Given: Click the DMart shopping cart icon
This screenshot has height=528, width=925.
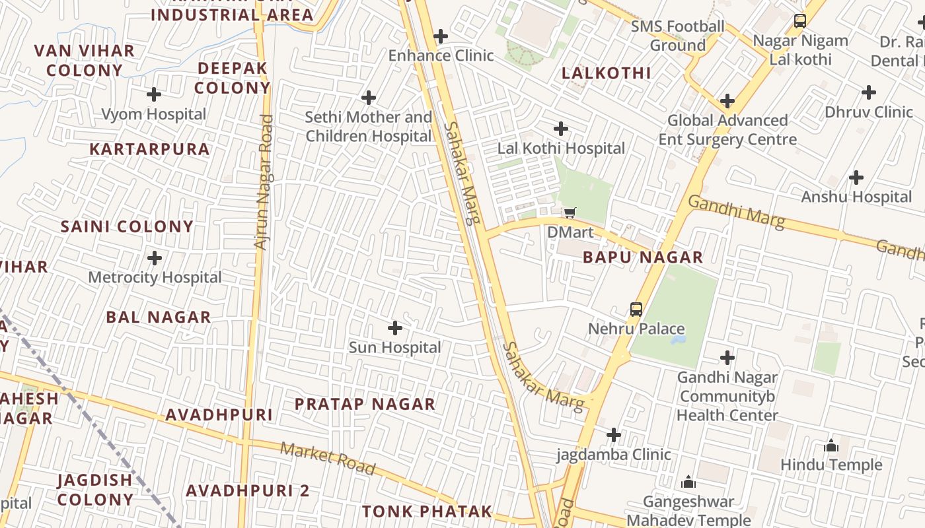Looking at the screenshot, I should point(570,213).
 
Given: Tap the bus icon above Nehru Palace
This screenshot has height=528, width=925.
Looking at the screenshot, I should point(636,309).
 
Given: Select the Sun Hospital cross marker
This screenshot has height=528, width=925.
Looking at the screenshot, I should point(394,328).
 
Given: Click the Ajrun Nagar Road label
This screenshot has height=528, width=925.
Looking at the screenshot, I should point(263,183).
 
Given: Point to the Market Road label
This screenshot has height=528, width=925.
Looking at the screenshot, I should point(328,459).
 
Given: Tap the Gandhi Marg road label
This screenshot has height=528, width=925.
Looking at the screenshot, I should point(736,212).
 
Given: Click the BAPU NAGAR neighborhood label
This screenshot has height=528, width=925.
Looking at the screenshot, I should point(643,257).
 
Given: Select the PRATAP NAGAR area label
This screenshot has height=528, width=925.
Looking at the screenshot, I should point(365,404).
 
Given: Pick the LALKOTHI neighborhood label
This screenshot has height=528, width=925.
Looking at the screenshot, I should point(607,73).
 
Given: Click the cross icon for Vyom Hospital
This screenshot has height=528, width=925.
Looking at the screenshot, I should point(154,94).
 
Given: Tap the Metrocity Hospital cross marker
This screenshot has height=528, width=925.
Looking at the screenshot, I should point(155,258).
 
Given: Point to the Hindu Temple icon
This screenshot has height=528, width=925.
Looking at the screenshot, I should point(831,446).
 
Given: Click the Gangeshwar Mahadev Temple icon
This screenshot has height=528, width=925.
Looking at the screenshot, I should point(688,482).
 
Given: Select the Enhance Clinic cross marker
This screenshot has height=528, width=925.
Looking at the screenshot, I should point(441,36).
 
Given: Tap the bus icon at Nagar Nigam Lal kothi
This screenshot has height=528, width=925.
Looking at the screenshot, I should point(800,21).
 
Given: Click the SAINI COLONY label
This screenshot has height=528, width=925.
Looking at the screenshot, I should point(127,227).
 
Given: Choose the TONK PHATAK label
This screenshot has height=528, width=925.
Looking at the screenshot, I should point(427,511).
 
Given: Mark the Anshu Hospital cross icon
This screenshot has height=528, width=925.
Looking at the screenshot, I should point(856,178).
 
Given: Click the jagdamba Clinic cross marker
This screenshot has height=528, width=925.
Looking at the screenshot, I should point(614,435).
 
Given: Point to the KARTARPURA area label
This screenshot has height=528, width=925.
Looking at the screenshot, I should point(149,149).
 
